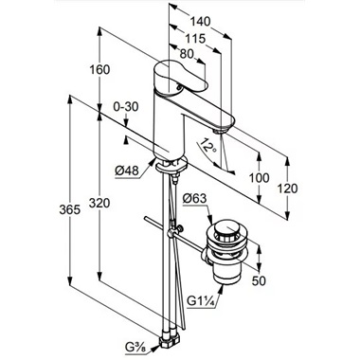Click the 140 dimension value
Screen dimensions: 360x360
200,22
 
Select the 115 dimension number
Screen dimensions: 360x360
195,39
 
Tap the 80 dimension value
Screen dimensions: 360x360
187,54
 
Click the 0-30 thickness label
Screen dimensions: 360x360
126,107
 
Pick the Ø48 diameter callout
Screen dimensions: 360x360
127,171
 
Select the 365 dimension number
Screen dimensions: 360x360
69,209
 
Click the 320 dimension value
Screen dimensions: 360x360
99,203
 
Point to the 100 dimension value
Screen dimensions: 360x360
260,178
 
